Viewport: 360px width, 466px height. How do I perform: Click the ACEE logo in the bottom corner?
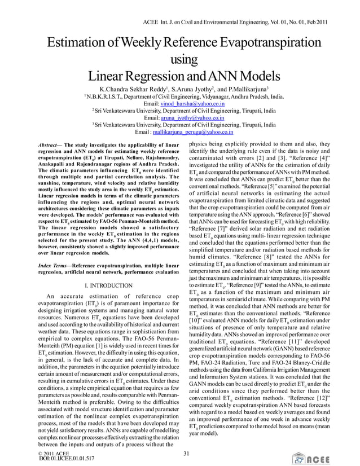pyautogui.click(x=336, y=458)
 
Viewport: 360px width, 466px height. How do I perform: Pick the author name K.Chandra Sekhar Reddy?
pyautogui.click(x=134, y=89)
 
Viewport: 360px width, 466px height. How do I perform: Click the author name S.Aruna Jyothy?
pyautogui.click(x=188, y=89)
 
